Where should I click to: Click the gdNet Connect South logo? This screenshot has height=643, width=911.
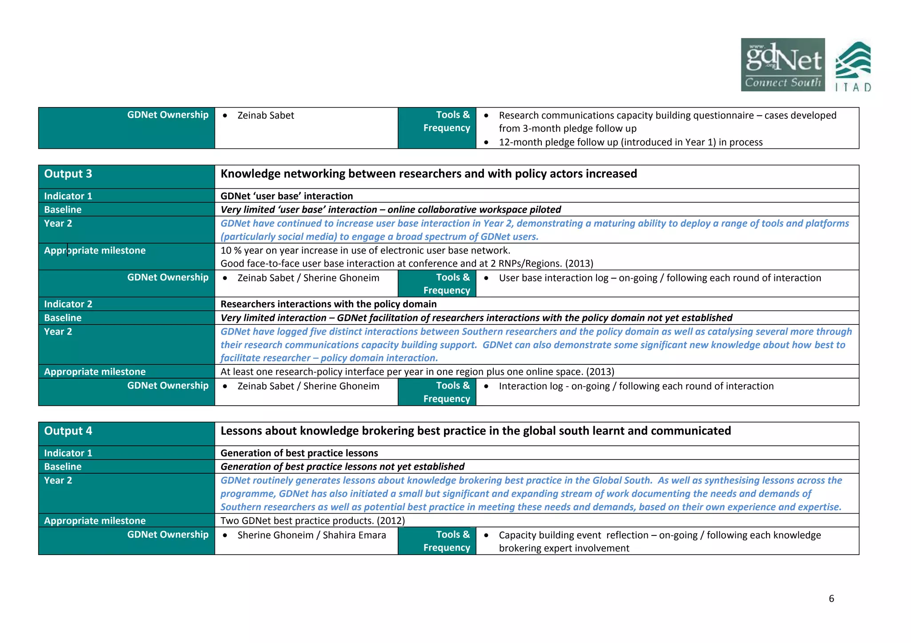[782, 65]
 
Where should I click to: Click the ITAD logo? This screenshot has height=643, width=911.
[853, 67]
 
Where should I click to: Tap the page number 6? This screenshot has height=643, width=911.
[831, 599]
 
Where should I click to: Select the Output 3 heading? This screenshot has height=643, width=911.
[68, 174]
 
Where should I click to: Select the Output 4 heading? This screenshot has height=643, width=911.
[68, 431]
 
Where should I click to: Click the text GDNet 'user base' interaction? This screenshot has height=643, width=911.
[286, 196]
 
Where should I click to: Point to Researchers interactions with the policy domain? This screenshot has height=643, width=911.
[328, 304]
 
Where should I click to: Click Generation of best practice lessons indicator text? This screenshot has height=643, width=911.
[299, 453]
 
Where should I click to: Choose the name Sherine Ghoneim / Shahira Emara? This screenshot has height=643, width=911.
[311, 535]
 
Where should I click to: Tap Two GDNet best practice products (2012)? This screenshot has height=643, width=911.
[312, 520]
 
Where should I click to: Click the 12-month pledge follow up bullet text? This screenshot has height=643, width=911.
[630, 142]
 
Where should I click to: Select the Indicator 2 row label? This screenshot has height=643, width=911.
[68, 304]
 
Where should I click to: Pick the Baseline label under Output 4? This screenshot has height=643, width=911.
[63, 467]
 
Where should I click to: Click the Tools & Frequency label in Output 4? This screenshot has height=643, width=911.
[447, 541]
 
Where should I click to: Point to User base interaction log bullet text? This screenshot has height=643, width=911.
[660, 278]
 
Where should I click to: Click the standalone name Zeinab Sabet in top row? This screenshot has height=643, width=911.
[266, 116]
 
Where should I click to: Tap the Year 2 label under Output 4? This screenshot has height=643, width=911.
[58, 480]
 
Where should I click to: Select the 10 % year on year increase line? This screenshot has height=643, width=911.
[365, 251]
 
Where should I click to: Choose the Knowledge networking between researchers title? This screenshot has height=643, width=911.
[428, 174]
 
